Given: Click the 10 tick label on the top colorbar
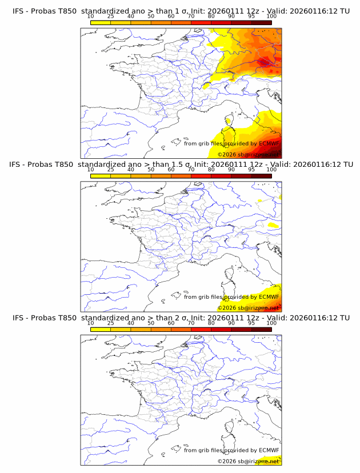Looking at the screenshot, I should [90, 16].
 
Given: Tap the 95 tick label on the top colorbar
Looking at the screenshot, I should [251, 16].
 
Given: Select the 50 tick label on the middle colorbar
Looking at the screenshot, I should [151, 170].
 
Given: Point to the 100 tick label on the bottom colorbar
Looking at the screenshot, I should [271, 323].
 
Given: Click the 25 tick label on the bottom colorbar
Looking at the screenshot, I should [110, 323].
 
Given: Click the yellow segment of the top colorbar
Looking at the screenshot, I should [101, 22].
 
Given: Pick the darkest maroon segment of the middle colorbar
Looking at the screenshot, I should [262, 175].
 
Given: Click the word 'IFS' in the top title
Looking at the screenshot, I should [19, 10].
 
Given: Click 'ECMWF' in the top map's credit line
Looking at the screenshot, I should [269, 143].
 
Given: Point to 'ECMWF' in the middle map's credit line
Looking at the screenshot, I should [269, 297].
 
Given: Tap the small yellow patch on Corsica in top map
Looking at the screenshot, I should [229, 121].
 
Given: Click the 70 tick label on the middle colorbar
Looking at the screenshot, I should [191, 170].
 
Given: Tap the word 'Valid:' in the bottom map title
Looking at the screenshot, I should [278, 318].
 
